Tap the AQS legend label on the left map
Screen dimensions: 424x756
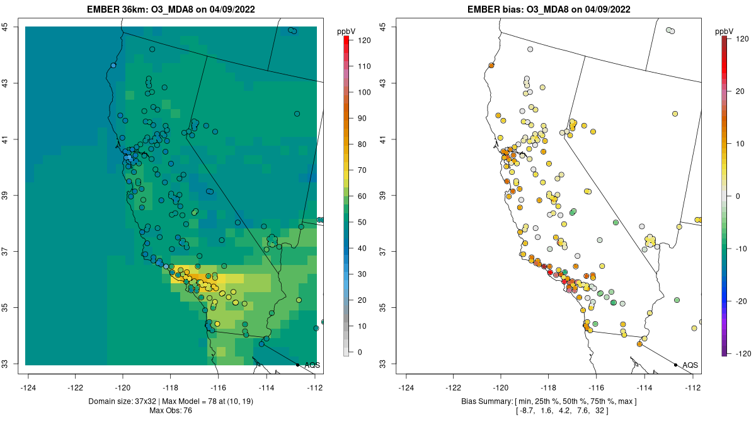click(x=312, y=365)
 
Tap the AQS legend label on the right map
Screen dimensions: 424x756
click(x=690, y=365)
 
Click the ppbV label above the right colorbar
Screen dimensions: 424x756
click(x=725, y=31)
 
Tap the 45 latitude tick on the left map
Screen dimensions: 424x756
click(x=6, y=26)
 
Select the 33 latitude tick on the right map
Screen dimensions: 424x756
click(x=384, y=364)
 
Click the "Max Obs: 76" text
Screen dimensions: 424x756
click(x=171, y=411)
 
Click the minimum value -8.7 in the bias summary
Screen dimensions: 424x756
click(x=526, y=411)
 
